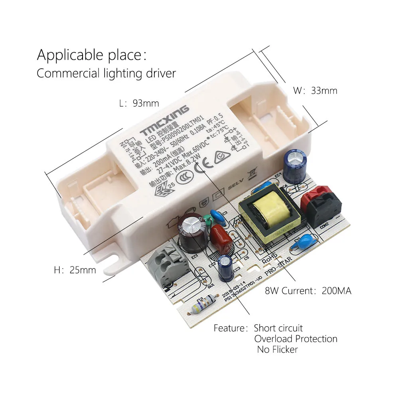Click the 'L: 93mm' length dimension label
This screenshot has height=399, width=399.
pyautogui.click(x=139, y=103)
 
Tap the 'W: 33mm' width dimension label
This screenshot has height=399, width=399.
pyautogui.click(x=315, y=91)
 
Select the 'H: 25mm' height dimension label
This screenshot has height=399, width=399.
pyautogui.click(x=75, y=270)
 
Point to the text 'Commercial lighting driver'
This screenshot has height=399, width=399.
pyautogui.click(x=106, y=73)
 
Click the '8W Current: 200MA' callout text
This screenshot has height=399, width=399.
pyautogui.click(x=308, y=291)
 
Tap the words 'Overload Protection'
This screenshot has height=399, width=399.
pyautogui.click(x=296, y=339)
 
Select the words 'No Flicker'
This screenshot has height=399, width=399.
pyautogui.click(x=277, y=350)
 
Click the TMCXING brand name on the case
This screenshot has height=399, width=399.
pyautogui.click(x=165, y=120)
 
